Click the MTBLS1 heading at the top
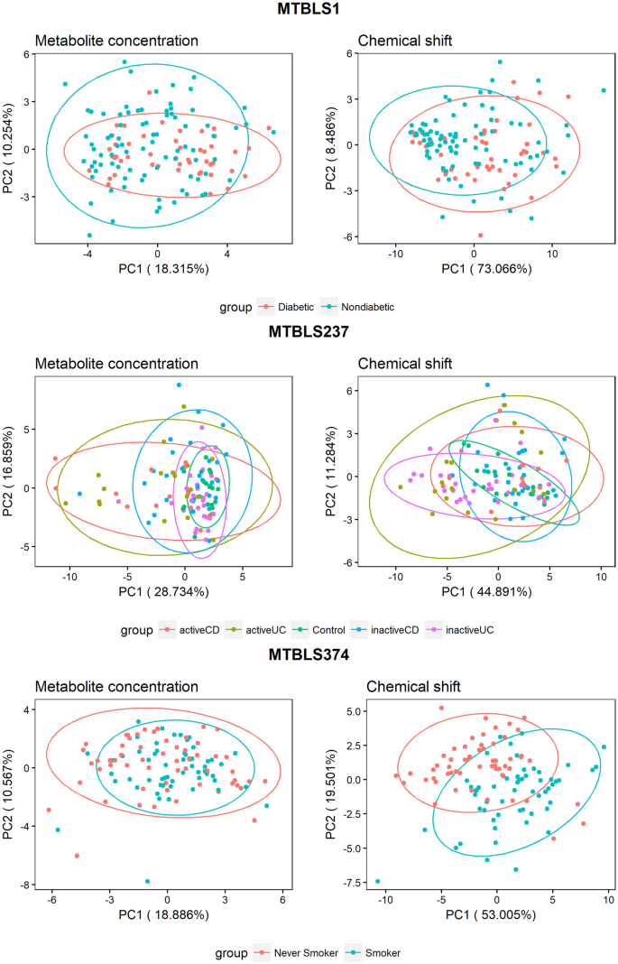309,11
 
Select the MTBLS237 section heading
309,331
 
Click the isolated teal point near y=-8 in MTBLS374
147,881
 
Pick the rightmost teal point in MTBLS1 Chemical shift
604,90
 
